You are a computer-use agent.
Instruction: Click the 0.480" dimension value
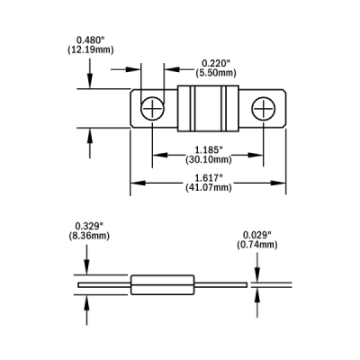coord(90,40)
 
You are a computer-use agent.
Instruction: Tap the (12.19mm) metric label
coord(91,49)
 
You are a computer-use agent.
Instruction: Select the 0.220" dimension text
coord(216,63)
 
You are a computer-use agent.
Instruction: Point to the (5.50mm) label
coord(216,73)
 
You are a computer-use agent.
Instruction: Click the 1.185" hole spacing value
coord(209,149)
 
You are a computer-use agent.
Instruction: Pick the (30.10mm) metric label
coord(209,159)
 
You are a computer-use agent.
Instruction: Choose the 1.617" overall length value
coord(209,177)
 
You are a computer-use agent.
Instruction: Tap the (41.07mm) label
coord(209,187)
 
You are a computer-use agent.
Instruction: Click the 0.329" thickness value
coord(89,226)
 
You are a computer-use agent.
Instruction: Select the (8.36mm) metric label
coord(89,236)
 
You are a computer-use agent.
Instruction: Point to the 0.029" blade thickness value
coord(257,235)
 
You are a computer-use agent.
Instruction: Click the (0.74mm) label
coord(257,245)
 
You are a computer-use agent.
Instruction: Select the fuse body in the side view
coord(162,284)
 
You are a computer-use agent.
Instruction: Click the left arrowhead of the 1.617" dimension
coord(138,183)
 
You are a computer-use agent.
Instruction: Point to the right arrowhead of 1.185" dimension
coord(256,155)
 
